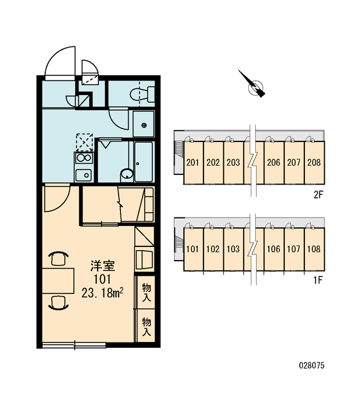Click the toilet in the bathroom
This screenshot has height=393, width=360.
pos(142,94)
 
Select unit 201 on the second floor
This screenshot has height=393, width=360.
pos(192,162)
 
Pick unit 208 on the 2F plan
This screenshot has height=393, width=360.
pos(314,162)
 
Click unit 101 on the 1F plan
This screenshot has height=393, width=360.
pos(192,249)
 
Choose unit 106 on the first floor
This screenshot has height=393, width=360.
pos(274,249)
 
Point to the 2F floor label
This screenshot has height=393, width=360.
pos(319,195)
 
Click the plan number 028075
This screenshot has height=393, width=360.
pos(312,365)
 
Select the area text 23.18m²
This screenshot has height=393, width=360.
pos(102,293)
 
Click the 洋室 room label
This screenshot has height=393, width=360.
pos(103,266)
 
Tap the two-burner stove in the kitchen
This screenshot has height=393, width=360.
pos(84,158)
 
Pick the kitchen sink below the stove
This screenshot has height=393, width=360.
pos(84,175)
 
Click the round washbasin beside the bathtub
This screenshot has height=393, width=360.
pos(127,174)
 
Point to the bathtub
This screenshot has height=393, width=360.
pos(143,162)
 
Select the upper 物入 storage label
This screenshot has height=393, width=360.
pos(147,292)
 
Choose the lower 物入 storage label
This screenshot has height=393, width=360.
pos(147,327)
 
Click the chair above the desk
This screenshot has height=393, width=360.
pos(58,259)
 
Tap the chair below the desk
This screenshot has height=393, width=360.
pos(58,303)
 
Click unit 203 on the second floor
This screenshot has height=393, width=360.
pos(233,162)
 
